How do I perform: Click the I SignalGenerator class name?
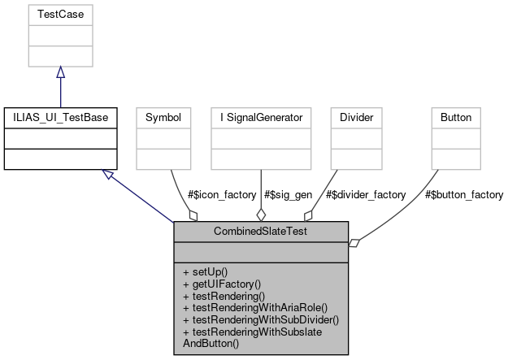click(260, 118)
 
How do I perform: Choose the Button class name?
click(456, 118)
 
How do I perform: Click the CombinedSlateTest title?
click(261, 232)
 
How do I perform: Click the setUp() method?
click(206, 271)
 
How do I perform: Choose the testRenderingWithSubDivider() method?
click(260, 319)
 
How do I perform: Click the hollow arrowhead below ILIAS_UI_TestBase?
click(107, 174)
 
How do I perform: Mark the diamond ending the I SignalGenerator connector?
click(261, 215)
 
